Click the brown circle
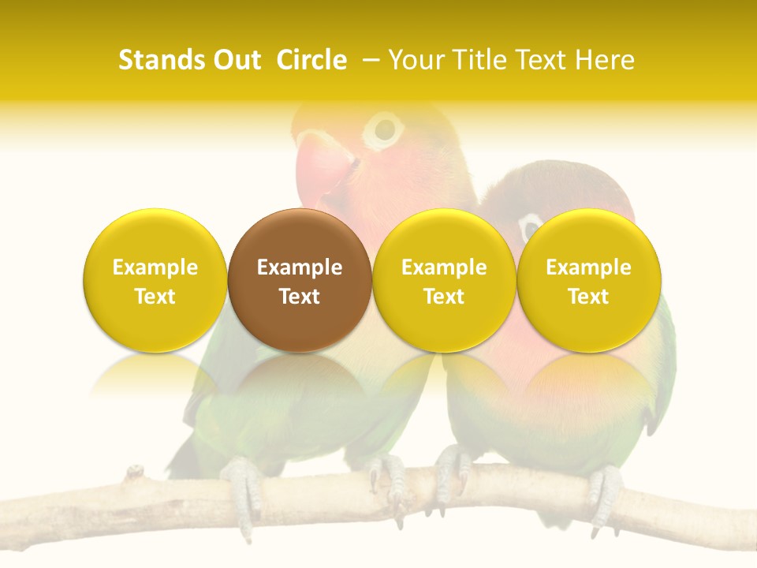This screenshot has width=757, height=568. pyautogui.click(x=300, y=280)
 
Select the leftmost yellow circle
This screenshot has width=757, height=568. pyautogui.click(x=155, y=280)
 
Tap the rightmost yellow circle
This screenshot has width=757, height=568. pyautogui.click(x=588, y=280)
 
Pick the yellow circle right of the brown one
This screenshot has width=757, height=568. pyautogui.click(x=444, y=280)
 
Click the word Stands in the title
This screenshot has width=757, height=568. pyautogui.click(x=157, y=60)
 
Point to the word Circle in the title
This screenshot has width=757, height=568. pyautogui.click(x=311, y=60)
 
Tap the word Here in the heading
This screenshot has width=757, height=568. pyautogui.click(x=606, y=60)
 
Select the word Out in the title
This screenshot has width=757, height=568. pyautogui.click(x=235, y=60)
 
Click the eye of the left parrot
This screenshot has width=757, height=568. pyautogui.click(x=384, y=129)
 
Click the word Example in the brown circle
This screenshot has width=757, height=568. pyautogui.click(x=300, y=267)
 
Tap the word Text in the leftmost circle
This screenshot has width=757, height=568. pyautogui.click(x=155, y=297)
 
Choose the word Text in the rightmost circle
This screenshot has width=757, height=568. pyautogui.click(x=588, y=297)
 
